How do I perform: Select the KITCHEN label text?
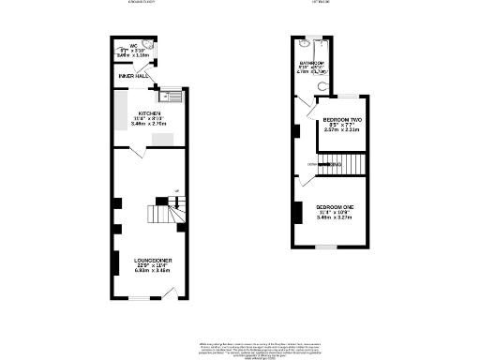pyautogui.click(x=150, y=112)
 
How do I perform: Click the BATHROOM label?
pyautogui.click(x=310, y=64)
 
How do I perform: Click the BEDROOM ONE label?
pyautogui.click(x=334, y=206)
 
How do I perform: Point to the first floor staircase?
pyautogui.click(x=339, y=164)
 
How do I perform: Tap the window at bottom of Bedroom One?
pyautogui.click(x=328, y=247)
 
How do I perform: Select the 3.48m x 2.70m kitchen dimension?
pyautogui.click(x=150, y=124)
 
